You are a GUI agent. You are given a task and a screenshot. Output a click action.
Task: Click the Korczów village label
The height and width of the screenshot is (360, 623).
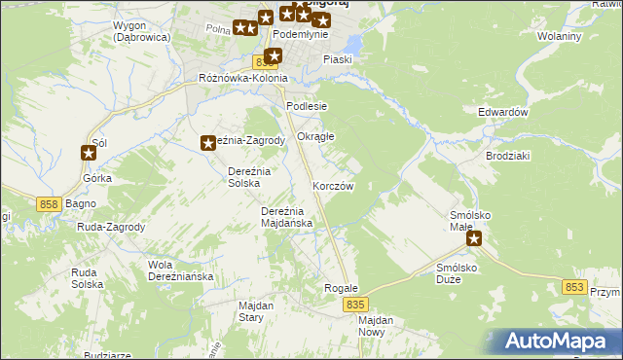click(x=332, y=186)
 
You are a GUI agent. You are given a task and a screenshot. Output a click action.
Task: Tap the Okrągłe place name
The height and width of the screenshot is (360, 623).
click(x=315, y=137)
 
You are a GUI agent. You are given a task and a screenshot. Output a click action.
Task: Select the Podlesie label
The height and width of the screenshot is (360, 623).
click(x=307, y=106)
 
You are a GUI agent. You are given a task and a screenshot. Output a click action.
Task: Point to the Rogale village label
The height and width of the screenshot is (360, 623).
click(x=341, y=288)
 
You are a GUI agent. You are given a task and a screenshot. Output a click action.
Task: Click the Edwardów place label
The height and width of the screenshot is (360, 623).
click(x=502, y=112)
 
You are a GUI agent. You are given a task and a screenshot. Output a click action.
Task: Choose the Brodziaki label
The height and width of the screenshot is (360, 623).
click(x=507, y=156)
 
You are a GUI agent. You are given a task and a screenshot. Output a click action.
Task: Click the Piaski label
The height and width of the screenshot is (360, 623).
click(x=338, y=59)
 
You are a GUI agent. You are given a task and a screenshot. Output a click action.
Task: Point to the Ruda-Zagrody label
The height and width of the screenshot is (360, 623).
click(x=110, y=227)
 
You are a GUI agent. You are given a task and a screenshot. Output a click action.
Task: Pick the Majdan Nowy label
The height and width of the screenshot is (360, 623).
click(x=375, y=326)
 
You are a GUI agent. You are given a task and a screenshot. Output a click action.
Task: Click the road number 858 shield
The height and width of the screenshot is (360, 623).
click(x=52, y=203)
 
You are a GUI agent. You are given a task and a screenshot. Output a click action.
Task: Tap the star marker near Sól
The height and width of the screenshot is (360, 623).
click(x=89, y=152)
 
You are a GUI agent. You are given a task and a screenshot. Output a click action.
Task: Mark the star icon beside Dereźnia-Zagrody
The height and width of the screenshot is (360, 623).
click(x=208, y=144)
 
